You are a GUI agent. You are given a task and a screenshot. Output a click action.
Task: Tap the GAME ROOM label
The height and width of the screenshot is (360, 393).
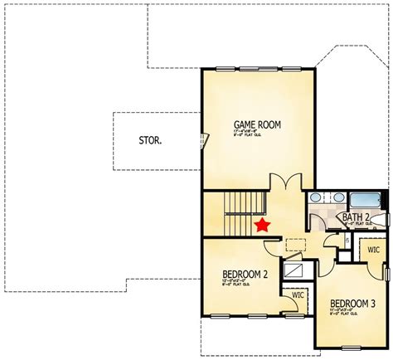click(256, 126)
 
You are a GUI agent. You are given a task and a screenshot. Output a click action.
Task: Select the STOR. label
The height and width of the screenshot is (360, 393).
click(149, 140)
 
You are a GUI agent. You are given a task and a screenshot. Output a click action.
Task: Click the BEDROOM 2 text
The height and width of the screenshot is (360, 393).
click(245, 275)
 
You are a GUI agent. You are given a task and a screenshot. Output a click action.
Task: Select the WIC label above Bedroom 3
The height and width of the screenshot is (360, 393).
click(373, 249)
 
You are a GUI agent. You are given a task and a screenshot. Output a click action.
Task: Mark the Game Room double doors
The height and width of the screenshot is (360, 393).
click(283, 182)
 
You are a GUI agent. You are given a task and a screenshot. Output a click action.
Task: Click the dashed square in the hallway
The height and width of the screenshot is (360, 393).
click(294, 244)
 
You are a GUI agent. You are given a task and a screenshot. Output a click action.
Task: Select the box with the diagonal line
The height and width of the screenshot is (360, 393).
click(294, 270)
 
